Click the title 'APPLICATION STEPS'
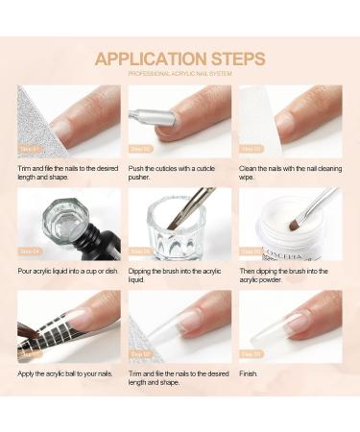click(x=180, y=59)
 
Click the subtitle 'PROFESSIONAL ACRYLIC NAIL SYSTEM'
click(x=180, y=75)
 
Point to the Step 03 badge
click(x=252, y=149)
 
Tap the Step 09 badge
click(x=252, y=354)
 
